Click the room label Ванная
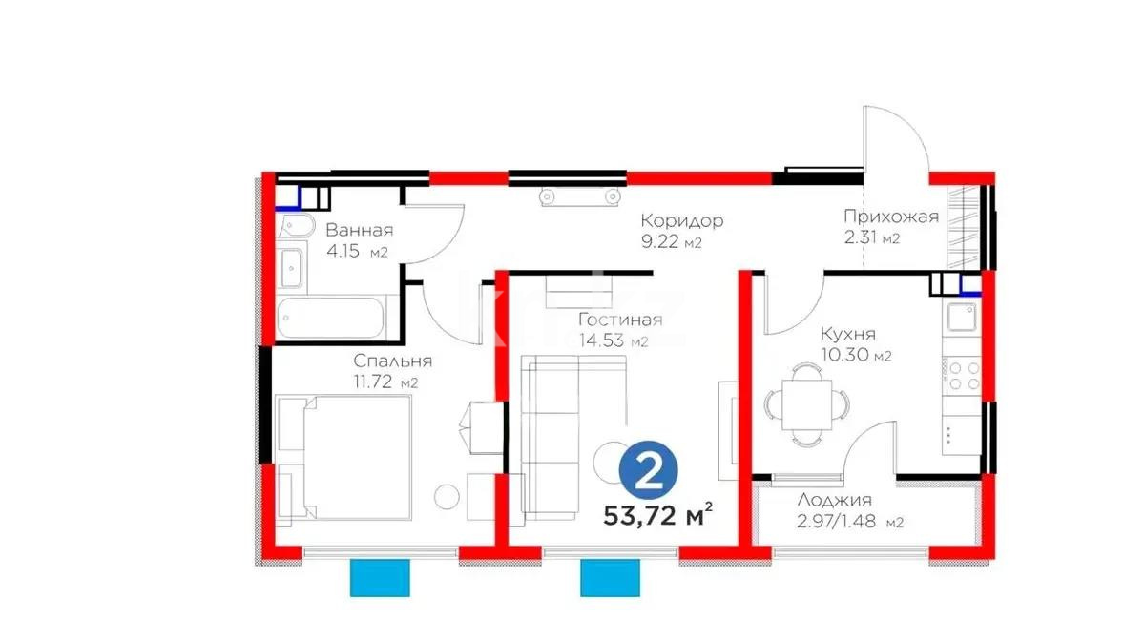359,230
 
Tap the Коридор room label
681,220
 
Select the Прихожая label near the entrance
890,217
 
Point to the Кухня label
847,334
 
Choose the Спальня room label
392,361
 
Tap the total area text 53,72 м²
659,516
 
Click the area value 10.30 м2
855,356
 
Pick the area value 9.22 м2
671,242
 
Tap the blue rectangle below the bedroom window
381,577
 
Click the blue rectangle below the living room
611,577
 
